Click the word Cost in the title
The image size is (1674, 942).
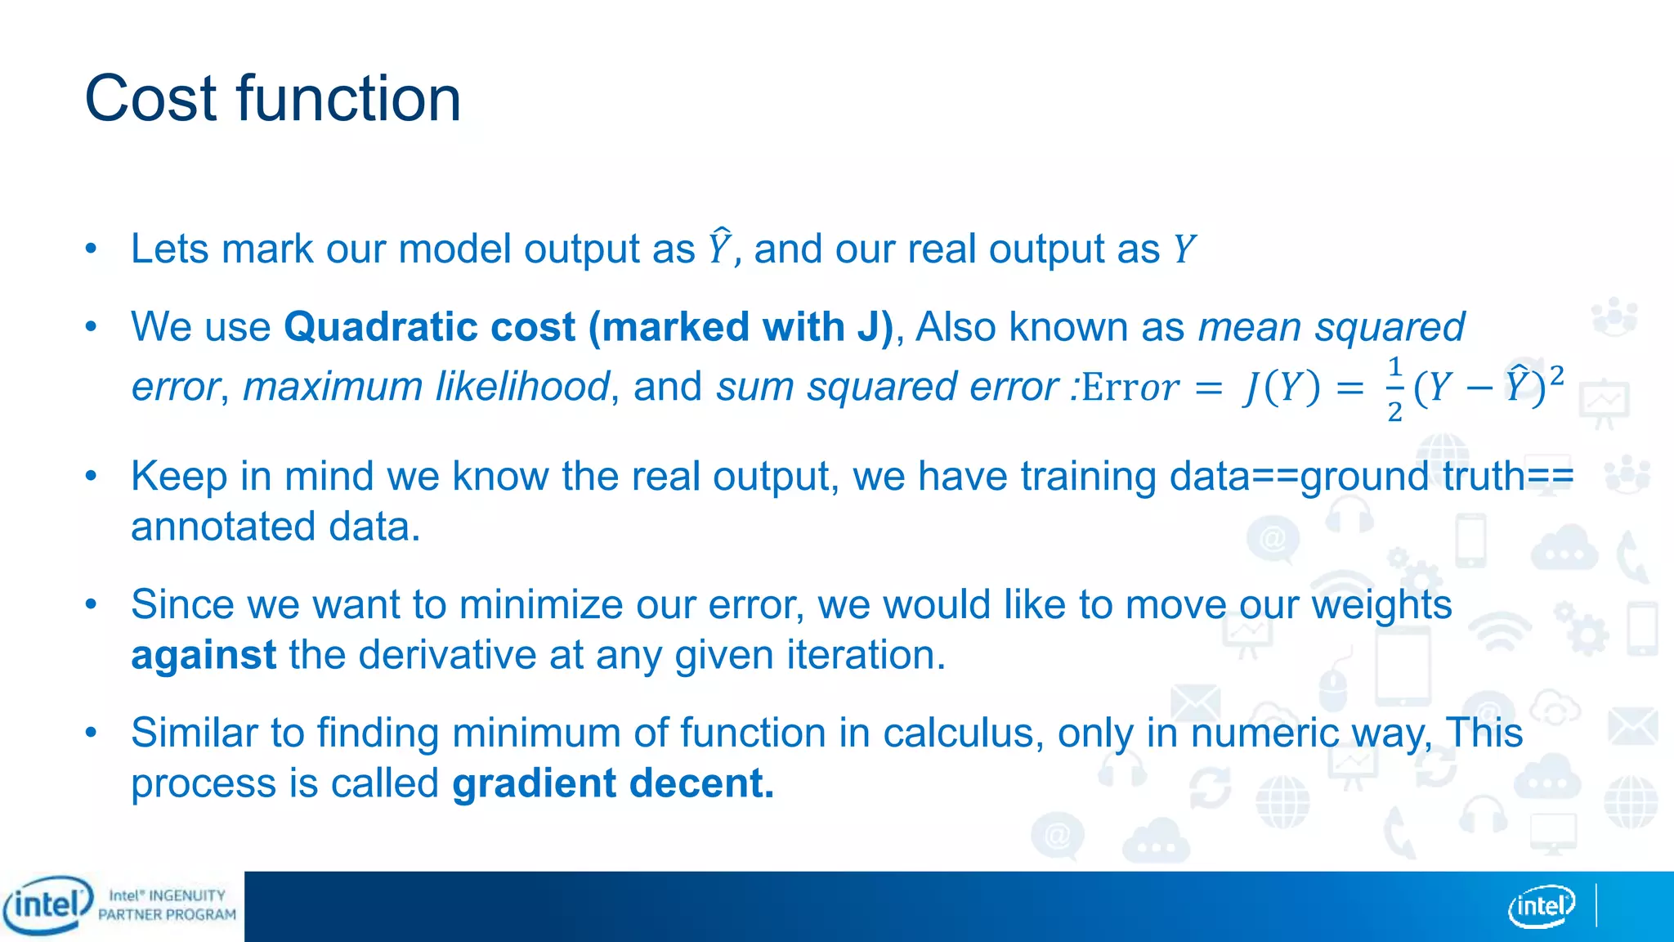pyautogui.click(x=152, y=99)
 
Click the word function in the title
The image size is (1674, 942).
pyautogui.click(x=349, y=99)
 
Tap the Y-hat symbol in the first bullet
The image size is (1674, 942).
pyautogui.click(x=719, y=247)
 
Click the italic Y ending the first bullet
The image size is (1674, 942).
pyautogui.click(x=1184, y=249)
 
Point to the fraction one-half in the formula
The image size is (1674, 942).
pyautogui.click(x=1394, y=388)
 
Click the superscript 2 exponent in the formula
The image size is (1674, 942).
pyautogui.click(x=1556, y=375)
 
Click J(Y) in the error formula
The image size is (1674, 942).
pyautogui.click(x=1282, y=388)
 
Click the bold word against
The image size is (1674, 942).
pyautogui.click(x=204, y=655)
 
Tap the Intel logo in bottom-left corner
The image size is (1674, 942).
pyautogui.click(x=47, y=905)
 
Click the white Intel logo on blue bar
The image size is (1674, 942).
pyautogui.click(x=1541, y=906)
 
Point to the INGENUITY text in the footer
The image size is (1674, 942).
pyautogui.click(x=187, y=895)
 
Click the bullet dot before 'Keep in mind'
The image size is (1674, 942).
pyautogui.click(x=92, y=475)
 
